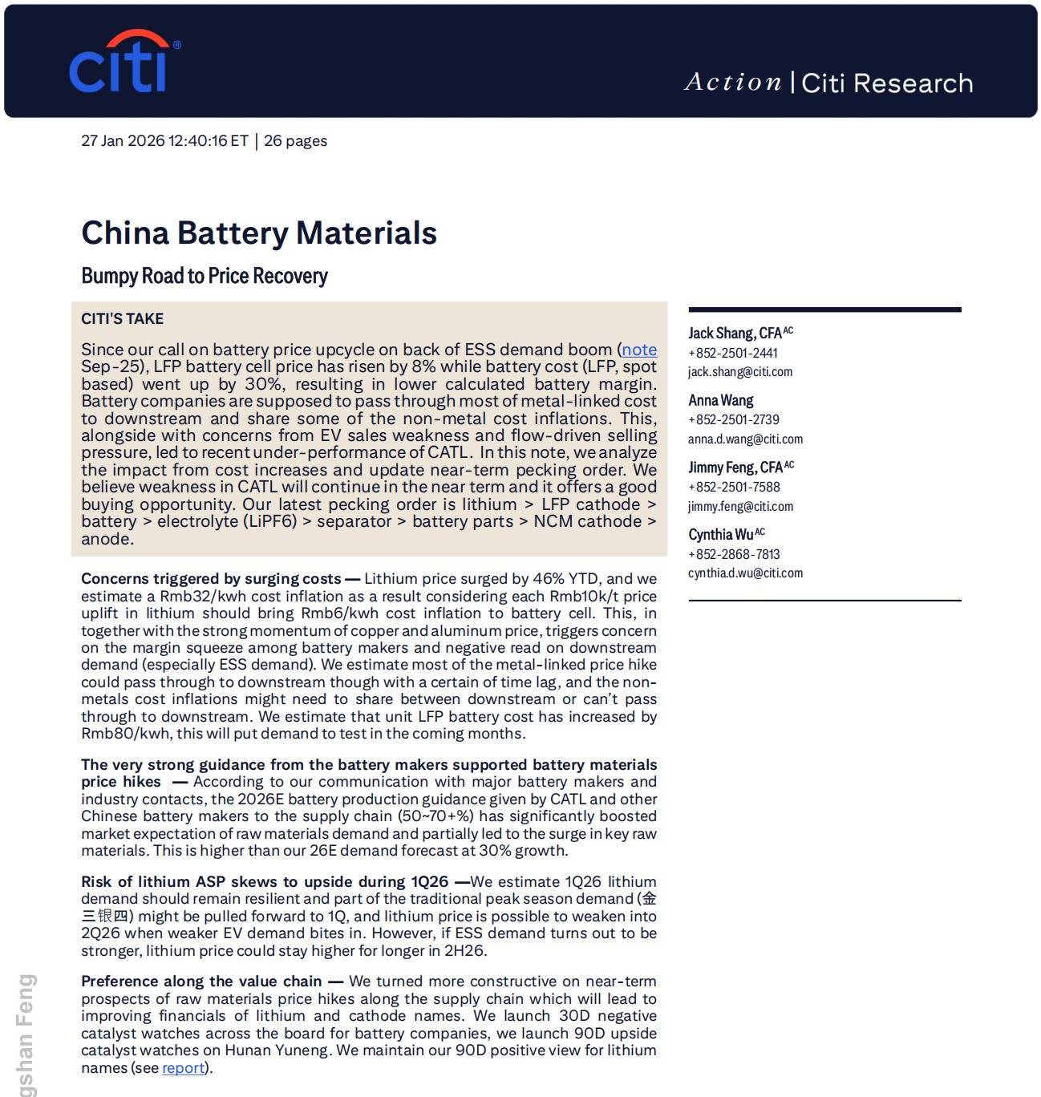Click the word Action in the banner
(x=733, y=83)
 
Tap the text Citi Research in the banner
(x=887, y=83)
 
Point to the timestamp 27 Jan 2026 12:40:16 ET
(x=164, y=141)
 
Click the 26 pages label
(x=295, y=141)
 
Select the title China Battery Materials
(x=259, y=233)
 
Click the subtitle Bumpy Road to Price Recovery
(x=205, y=276)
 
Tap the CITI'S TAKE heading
(x=122, y=319)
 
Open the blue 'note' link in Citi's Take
(x=639, y=350)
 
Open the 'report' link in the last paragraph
(x=183, y=1068)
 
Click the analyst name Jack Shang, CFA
(x=735, y=333)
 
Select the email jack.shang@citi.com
(x=739, y=372)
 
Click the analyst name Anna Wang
(x=720, y=400)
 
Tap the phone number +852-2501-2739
(x=733, y=419)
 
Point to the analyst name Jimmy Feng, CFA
(x=735, y=468)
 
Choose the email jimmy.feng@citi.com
(x=740, y=507)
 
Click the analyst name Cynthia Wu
(x=721, y=535)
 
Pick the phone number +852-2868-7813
(x=733, y=554)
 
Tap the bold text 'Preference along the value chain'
(x=201, y=982)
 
